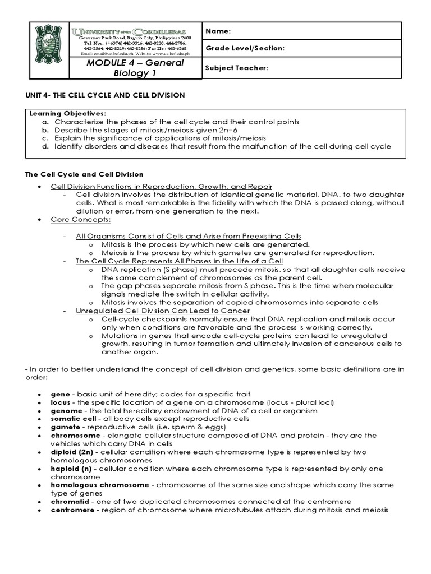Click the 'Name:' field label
click(x=218, y=31)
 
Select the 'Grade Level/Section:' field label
click(x=245, y=49)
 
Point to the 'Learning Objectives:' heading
click(x=67, y=114)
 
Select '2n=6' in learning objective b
click(x=254, y=129)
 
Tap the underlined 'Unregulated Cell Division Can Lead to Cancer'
click(x=163, y=311)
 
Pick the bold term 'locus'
click(x=61, y=402)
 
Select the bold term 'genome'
click(x=66, y=411)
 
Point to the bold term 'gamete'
click(x=65, y=427)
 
